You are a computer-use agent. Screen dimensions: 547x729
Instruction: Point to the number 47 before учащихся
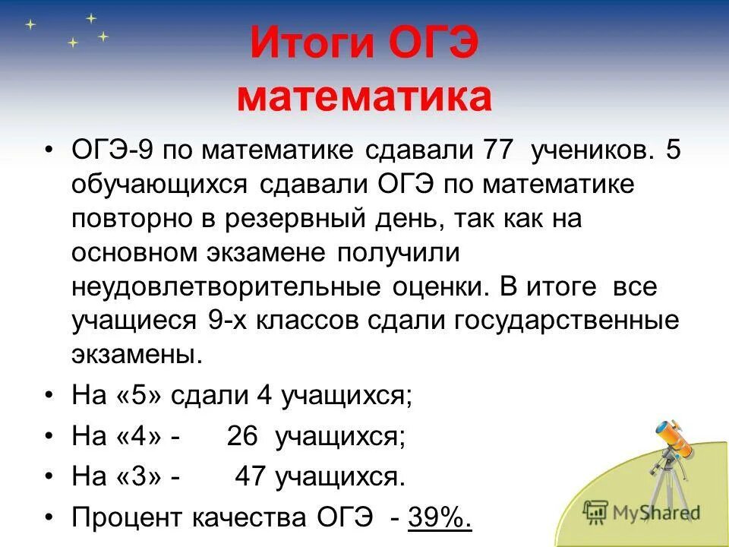coord(251,476)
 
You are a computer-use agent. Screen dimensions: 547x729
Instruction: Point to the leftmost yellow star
coord(30,24)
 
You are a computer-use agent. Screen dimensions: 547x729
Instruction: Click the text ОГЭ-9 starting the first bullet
coord(114,150)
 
